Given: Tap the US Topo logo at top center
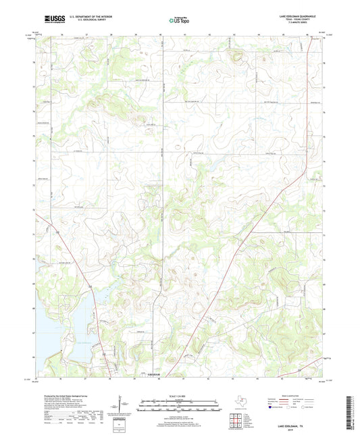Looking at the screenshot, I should coord(178,21).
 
